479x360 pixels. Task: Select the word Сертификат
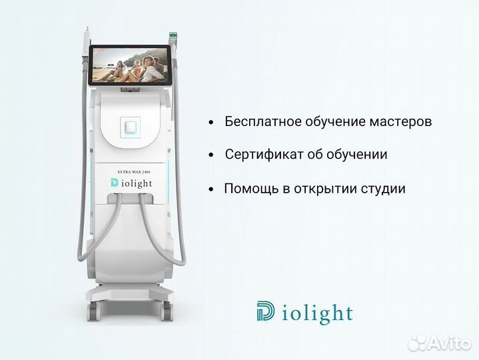tap(257, 155)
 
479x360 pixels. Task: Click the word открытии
tap(318, 189)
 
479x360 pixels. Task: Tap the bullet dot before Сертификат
tap(211, 155)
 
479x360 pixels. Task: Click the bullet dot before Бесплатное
tap(211, 123)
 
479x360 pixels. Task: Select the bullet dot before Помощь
tap(211, 189)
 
